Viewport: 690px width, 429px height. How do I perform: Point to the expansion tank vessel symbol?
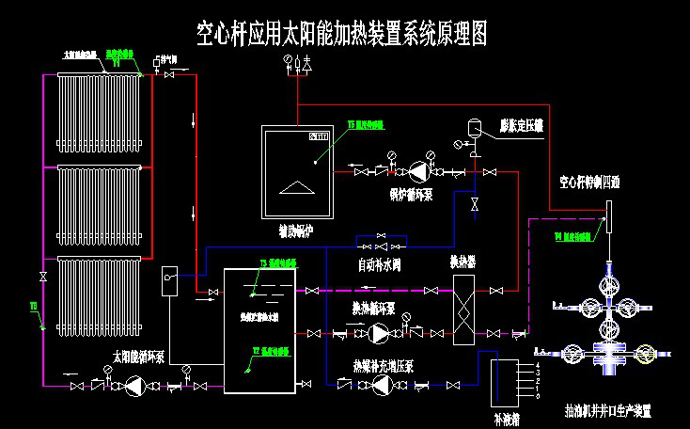475,125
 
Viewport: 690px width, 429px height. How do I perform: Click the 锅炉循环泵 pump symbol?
415,171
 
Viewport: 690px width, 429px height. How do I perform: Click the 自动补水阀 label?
380,264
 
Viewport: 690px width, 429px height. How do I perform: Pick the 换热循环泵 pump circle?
380,332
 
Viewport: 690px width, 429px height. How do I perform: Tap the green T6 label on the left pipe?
32,306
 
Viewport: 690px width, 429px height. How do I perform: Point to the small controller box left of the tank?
169,279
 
